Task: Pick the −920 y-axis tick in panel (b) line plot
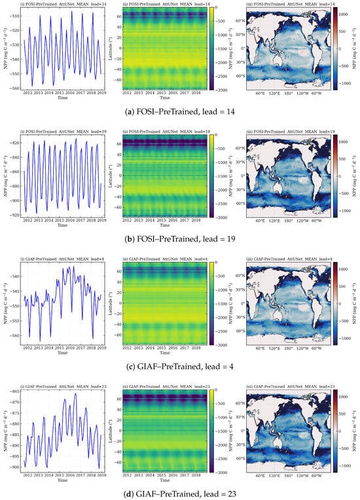click(x=14, y=211)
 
